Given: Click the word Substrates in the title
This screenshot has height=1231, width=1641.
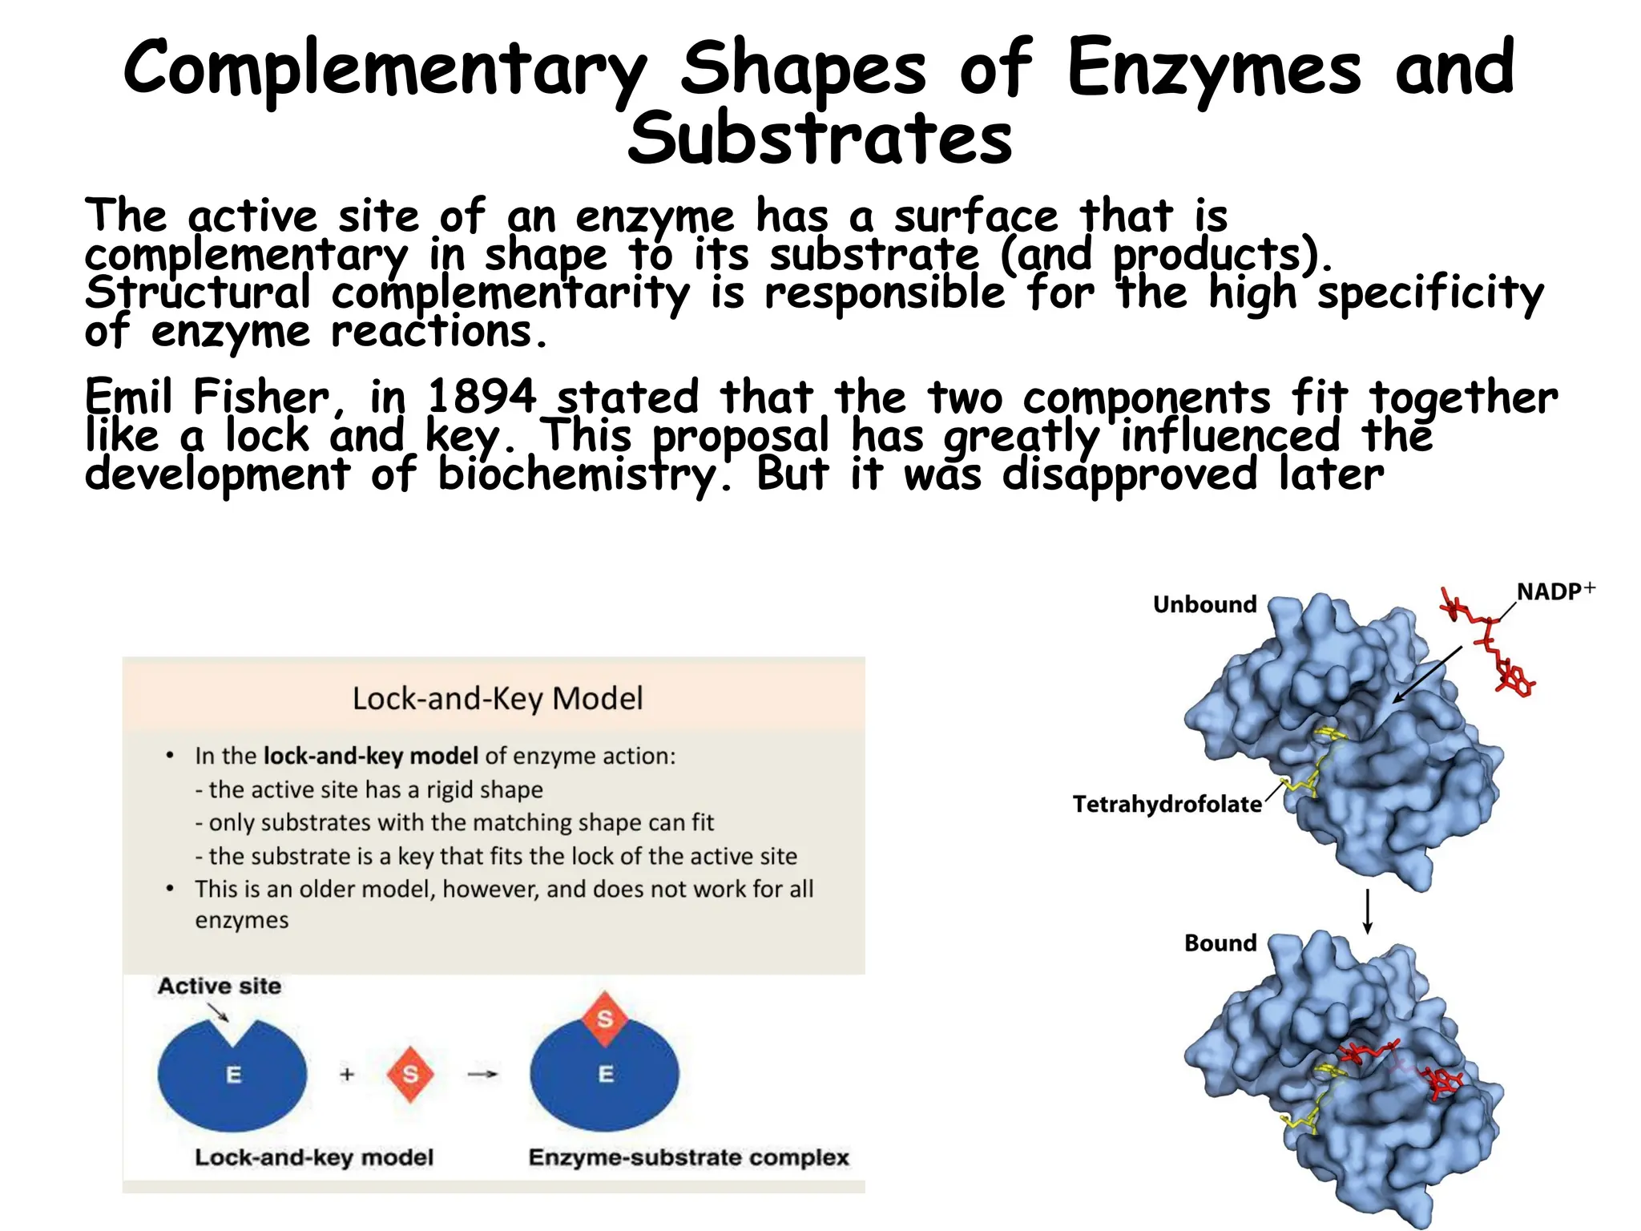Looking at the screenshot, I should coord(820,138).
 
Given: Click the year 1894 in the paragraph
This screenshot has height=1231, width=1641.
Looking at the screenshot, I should coord(481,397).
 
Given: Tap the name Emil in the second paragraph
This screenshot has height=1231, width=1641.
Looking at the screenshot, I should coord(128,397).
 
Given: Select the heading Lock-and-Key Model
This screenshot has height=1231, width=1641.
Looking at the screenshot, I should coord(498,698).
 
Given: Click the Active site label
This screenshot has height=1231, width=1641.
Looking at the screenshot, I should coord(220,986).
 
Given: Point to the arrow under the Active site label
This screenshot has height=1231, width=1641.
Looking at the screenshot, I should coord(219,1012).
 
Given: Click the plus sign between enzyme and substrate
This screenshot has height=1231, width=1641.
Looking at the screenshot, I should coord(347,1074).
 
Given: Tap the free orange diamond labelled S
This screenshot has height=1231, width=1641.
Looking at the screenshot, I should coord(410,1074).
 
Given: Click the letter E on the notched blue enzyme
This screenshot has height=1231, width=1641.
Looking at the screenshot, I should coord(233,1075).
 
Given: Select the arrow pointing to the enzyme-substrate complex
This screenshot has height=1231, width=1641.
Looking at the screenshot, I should coord(482,1074).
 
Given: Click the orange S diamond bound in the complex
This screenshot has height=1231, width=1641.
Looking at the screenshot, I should coord(605,1019).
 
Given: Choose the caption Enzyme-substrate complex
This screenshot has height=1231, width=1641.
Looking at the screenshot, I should coord(688,1157).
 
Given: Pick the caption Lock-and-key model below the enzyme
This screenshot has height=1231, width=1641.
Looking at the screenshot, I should coord(314,1157).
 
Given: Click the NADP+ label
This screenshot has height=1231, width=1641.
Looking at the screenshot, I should coord(1554,591).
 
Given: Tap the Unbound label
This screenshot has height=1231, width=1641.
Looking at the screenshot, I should coord(1204,604).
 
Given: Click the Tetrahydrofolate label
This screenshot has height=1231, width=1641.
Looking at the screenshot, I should coord(1167,804).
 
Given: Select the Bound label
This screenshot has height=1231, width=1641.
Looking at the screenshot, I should coord(1220,943).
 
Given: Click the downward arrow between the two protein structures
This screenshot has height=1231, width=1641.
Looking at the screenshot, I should coord(1368,911).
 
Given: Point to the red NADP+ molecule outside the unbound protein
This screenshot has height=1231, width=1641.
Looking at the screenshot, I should coord(1490,649).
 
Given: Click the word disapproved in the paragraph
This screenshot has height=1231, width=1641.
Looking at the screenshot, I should coord(1130,474).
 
